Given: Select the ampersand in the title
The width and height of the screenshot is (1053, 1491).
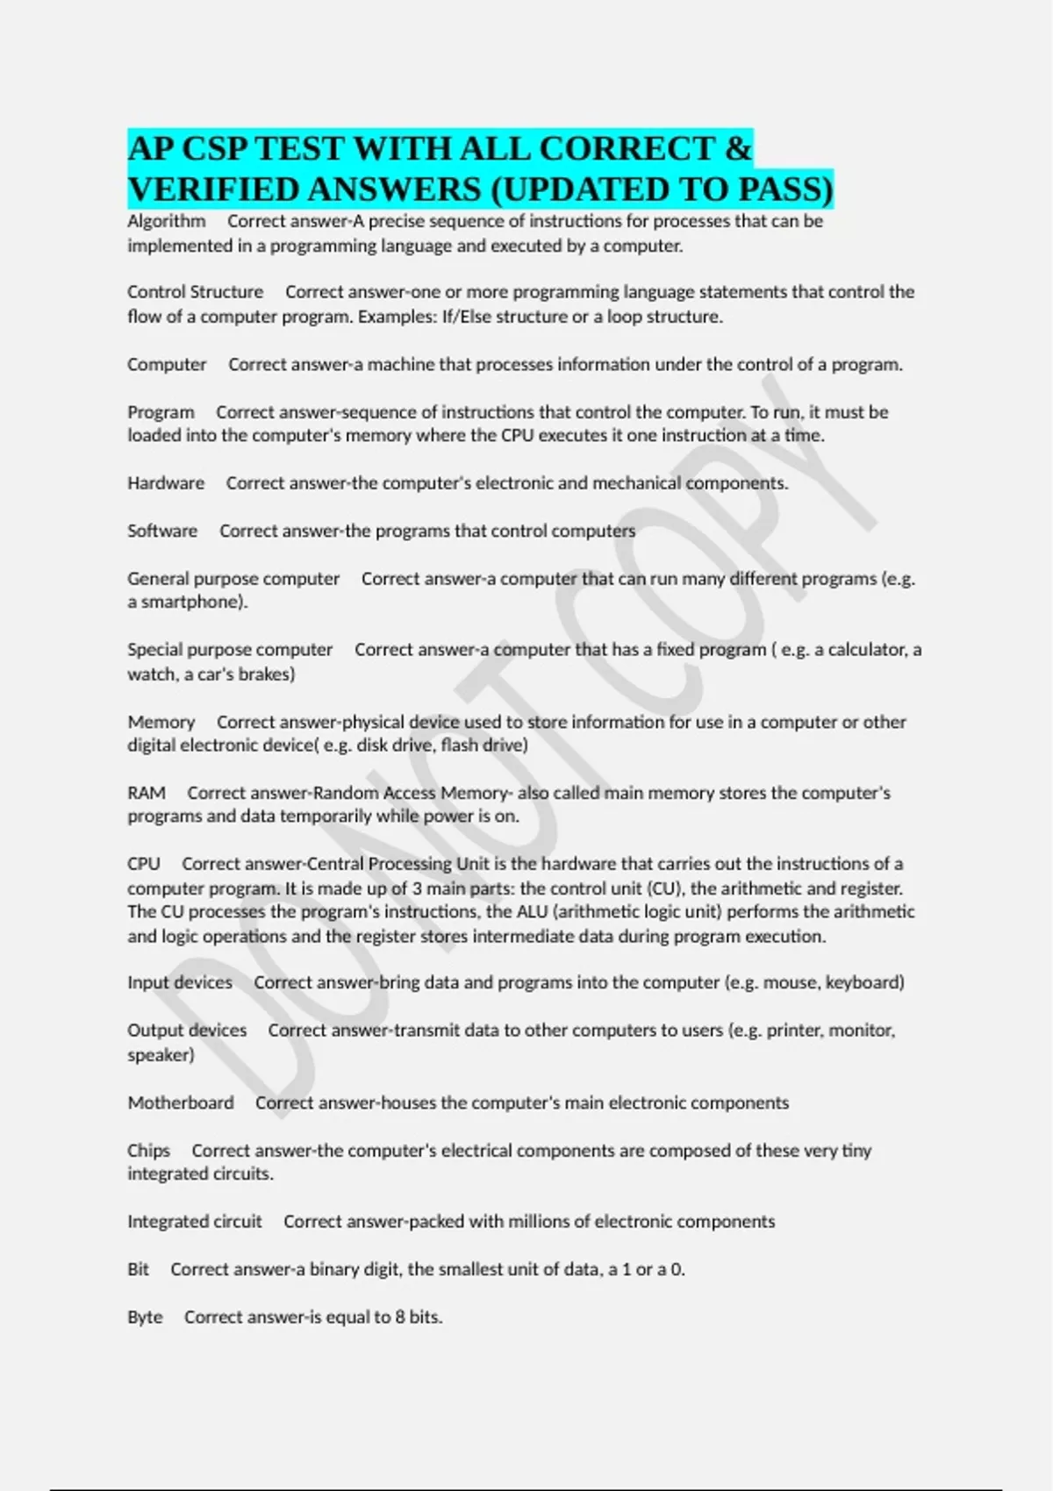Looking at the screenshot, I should click(739, 149).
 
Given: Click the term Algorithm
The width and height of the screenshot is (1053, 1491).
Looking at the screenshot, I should click(167, 221).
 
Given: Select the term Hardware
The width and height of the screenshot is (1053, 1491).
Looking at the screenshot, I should click(166, 483).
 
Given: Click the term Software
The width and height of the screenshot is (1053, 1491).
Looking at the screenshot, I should click(162, 531).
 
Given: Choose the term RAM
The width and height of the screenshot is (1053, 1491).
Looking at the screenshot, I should click(147, 793).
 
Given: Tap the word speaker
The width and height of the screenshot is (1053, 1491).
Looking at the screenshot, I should click(159, 1055).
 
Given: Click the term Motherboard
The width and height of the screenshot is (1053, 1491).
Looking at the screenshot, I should click(181, 1102).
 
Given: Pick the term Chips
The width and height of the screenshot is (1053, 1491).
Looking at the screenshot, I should click(148, 1151).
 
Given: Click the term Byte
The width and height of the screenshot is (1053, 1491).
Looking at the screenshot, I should click(145, 1317).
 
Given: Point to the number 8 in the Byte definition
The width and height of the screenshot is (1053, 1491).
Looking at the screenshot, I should click(399, 1317).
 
